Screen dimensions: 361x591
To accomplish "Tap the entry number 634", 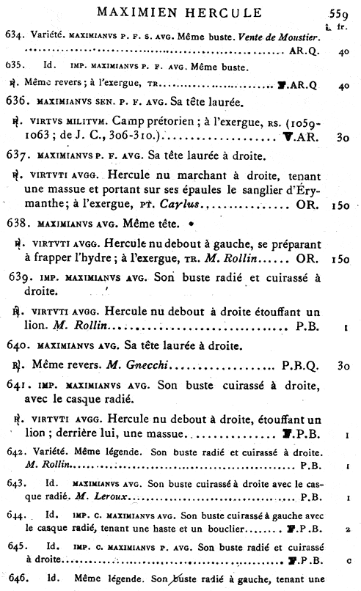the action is pos(14,36).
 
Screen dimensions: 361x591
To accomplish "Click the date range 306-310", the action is pos(140,139).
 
